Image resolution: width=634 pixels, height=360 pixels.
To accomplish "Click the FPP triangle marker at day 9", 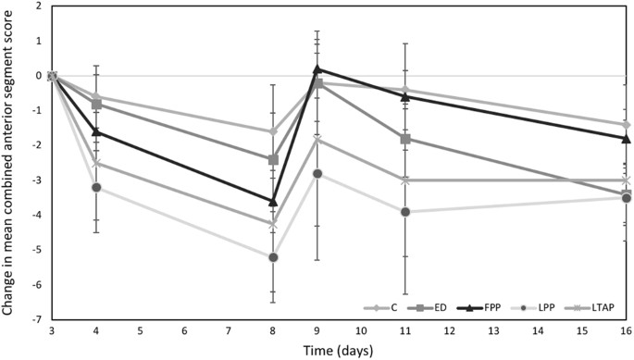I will pos(317,68).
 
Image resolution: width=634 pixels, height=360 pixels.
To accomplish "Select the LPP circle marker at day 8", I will pos(273,257).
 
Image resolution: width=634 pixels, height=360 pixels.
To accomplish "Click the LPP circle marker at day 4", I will pos(96,187).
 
